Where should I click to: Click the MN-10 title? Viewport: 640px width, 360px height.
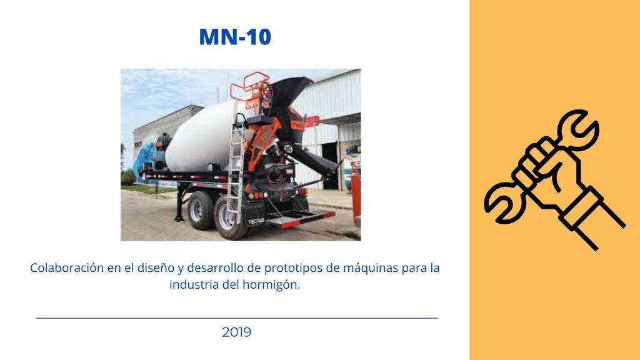click(x=235, y=37)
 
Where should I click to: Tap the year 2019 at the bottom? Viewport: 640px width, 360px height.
click(x=237, y=332)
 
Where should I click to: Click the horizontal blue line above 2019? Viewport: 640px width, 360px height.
click(x=237, y=318)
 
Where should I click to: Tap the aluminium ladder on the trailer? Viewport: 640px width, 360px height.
click(x=236, y=167)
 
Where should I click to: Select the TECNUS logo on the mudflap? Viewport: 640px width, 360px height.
click(x=256, y=221)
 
